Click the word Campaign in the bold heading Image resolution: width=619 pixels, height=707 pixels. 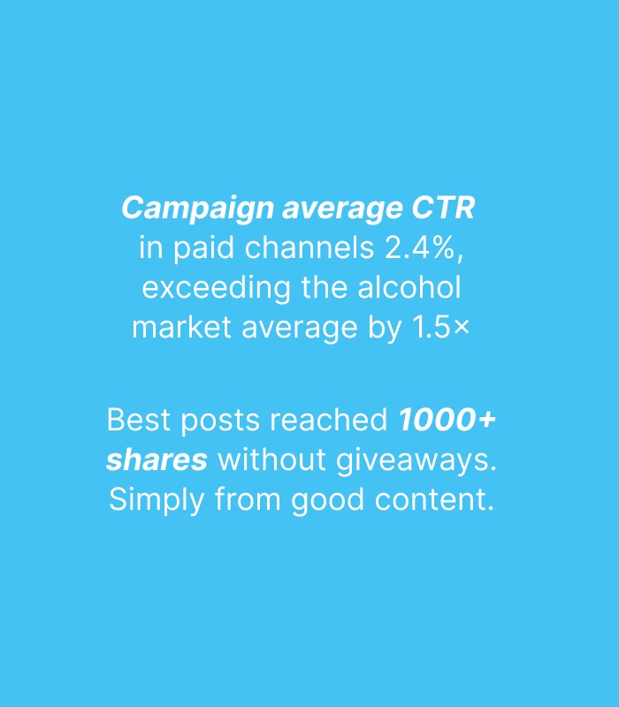click(197, 209)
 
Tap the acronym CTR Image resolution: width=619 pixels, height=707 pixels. click(443, 208)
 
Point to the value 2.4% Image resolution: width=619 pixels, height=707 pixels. click(424, 248)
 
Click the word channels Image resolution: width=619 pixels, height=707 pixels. click(309, 247)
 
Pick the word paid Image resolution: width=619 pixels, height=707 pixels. click(204, 249)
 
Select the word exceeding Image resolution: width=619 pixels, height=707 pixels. click(216, 289)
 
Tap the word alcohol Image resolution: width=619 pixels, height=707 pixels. click(409, 287)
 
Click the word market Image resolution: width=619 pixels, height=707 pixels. click(182, 327)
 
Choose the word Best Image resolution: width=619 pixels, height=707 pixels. click(139, 420)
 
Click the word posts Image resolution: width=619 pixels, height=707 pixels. click(220, 422)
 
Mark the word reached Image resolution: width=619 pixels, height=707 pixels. click(328, 420)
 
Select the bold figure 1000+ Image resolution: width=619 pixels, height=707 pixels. click(447, 420)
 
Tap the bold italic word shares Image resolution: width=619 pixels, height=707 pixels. click(157, 460)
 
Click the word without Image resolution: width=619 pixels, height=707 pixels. click(272, 460)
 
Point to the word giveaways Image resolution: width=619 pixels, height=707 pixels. click(416, 461)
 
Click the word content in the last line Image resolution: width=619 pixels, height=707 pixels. click(434, 500)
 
